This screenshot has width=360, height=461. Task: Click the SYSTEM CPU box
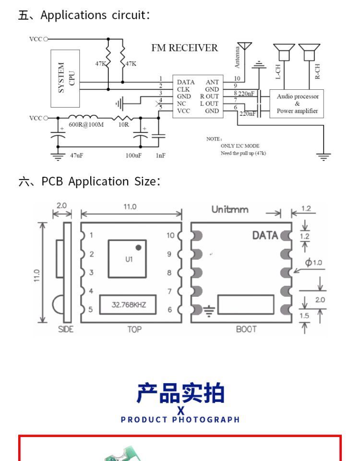pyautogui.click(x=65, y=78)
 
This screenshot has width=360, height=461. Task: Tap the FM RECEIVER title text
pyautogui.click(x=184, y=48)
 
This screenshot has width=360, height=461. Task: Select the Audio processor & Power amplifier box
pyautogui.click(x=297, y=104)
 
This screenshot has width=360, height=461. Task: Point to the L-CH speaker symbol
pyautogui.click(x=284, y=52)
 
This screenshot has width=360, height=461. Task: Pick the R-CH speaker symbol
pyautogui.click(x=309, y=52)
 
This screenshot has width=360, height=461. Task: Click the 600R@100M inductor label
pyautogui.click(x=86, y=125)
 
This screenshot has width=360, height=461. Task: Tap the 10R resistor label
pyautogui.click(x=123, y=125)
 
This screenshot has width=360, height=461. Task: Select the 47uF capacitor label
pyautogui.click(x=76, y=155)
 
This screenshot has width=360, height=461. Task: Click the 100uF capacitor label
pyautogui.click(x=133, y=155)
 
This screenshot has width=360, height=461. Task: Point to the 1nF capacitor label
pyautogui.click(x=160, y=155)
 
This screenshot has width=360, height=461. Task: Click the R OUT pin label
pyautogui.click(x=209, y=97)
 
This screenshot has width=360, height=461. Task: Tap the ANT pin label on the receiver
pyautogui.click(x=212, y=82)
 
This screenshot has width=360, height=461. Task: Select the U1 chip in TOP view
pyautogui.click(x=127, y=259)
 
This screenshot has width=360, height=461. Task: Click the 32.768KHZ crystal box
pyautogui.click(x=128, y=304)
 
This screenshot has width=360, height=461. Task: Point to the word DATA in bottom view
pyautogui.click(x=265, y=235)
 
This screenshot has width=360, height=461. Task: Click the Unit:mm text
pyautogui.click(x=230, y=209)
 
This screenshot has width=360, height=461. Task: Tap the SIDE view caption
pyautogui.click(x=66, y=329)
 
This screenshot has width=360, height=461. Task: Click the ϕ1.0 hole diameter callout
pyautogui.click(x=313, y=262)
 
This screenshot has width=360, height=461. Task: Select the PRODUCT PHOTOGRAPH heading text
pyautogui.click(x=180, y=420)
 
